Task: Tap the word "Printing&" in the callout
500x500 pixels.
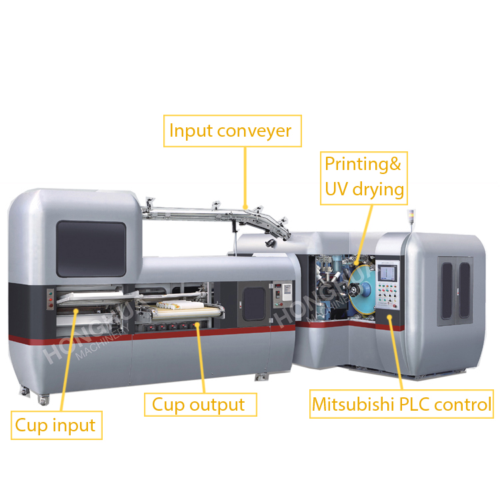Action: tap(363, 165)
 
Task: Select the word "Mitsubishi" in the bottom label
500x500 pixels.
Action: tap(353, 405)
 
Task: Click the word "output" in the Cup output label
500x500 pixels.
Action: tap(217, 405)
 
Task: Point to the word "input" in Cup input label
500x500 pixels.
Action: tap(74, 425)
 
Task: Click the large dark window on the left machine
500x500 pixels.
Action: tap(91, 249)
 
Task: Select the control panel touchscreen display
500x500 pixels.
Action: tap(388, 273)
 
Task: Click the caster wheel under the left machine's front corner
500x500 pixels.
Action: tap(44, 399)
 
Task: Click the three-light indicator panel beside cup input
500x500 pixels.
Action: tap(51, 299)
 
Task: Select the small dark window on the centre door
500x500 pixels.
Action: tap(254, 304)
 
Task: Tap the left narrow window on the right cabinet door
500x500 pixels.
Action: tap(447, 291)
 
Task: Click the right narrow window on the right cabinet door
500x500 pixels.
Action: tap(464, 290)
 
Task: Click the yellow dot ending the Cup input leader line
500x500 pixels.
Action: tap(76, 311)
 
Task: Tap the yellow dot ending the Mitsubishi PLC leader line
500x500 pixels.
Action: tap(389, 317)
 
